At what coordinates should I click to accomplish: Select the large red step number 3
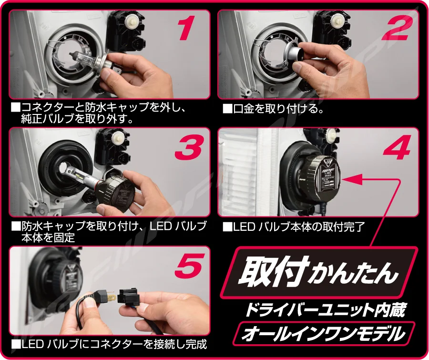pos(189,148)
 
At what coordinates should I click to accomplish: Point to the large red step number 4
pos(397,148)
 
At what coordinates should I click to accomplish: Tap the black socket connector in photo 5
pos(129,296)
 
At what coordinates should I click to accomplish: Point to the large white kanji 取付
pos(273,272)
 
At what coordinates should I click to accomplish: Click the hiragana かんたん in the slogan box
pos(353,275)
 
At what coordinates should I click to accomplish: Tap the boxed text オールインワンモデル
pos(323,334)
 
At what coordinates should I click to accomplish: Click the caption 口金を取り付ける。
pos(273,109)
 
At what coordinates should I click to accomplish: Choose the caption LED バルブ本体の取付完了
pos(294,227)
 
